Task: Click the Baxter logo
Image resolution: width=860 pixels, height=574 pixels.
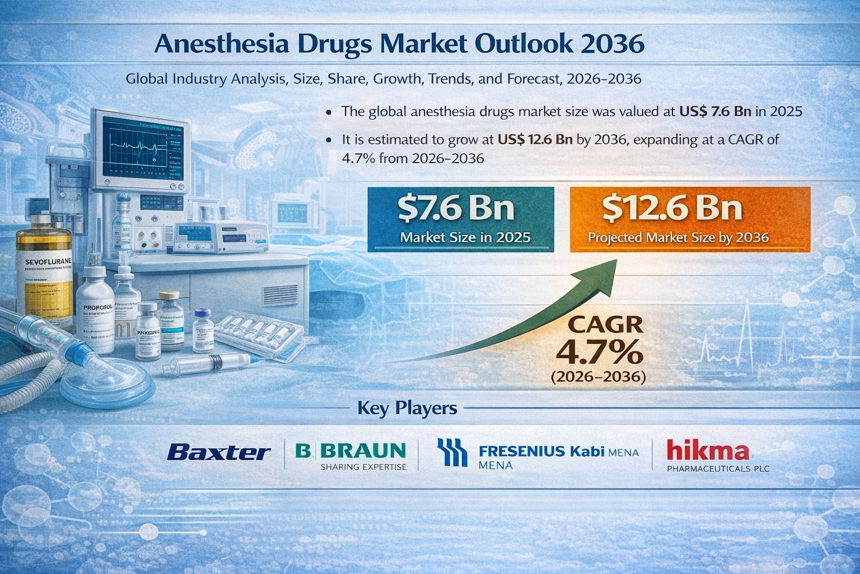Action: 219,452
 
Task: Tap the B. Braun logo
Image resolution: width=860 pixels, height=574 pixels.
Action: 350,450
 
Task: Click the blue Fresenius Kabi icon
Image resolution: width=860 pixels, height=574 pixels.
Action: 452,452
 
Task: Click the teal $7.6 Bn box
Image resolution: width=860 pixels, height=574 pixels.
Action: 460,219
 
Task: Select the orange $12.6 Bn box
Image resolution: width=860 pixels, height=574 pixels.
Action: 690,219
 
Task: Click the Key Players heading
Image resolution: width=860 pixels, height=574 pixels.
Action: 407,408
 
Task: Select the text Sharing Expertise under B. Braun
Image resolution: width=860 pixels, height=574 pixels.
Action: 363,466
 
